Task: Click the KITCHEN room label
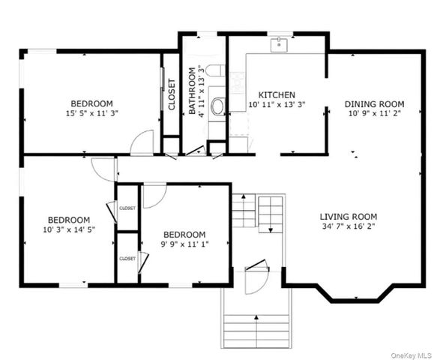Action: (x=276, y=94)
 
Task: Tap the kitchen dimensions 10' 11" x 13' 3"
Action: (x=276, y=106)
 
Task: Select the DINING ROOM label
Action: (x=374, y=103)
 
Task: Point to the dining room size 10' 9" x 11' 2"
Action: (x=374, y=115)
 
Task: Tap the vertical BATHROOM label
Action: (x=193, y=91)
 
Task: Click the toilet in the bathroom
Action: (x=214, y=73)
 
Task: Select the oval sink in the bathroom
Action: (x=218, y=106)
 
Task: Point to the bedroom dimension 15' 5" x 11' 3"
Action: (x=91, y=114)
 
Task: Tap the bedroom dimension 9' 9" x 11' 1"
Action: (x=184, y=244)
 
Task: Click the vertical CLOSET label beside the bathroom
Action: (x=172, y=94)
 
